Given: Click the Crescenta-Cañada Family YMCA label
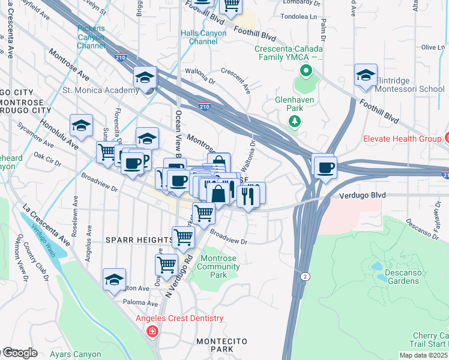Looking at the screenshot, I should [288, 53].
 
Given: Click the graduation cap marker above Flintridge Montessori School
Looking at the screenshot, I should [366, 76].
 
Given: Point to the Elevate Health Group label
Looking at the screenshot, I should [402, 139].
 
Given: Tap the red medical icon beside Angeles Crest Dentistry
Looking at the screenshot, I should [152, 331].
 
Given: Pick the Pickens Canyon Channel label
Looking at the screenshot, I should [91, 37].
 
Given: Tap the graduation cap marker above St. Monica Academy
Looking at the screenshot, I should [145, 78].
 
